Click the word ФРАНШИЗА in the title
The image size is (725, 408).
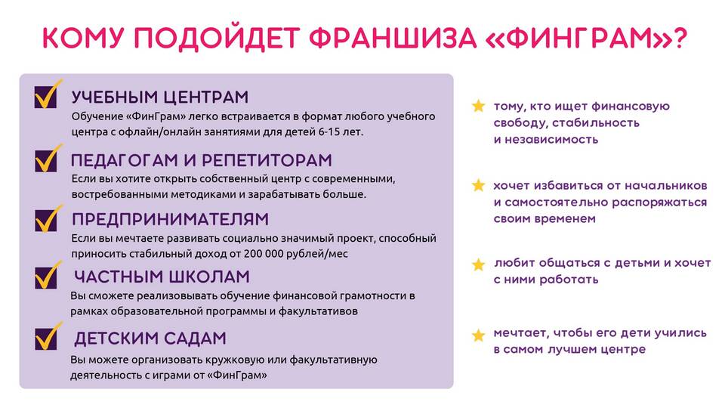click(392, 38)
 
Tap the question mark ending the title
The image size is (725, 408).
click(679, 38)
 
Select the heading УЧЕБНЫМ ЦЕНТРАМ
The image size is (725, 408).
click(160, 97)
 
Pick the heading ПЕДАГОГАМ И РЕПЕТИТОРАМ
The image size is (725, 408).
click(202, 160)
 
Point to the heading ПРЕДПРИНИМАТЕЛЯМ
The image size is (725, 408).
click(170, 219)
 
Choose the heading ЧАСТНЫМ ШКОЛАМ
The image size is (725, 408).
click(162, 277)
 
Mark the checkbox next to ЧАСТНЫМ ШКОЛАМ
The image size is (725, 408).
click(46, 277)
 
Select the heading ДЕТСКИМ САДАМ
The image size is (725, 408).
click(150, 338)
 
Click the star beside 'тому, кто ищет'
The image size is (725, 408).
click(478, 106)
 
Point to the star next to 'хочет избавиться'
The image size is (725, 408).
click(478, 186)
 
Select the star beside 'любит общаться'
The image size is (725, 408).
click(478, 264)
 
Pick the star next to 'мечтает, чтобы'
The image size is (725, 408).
click(478, 335)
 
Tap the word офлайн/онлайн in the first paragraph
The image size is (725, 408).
click(156, 131)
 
